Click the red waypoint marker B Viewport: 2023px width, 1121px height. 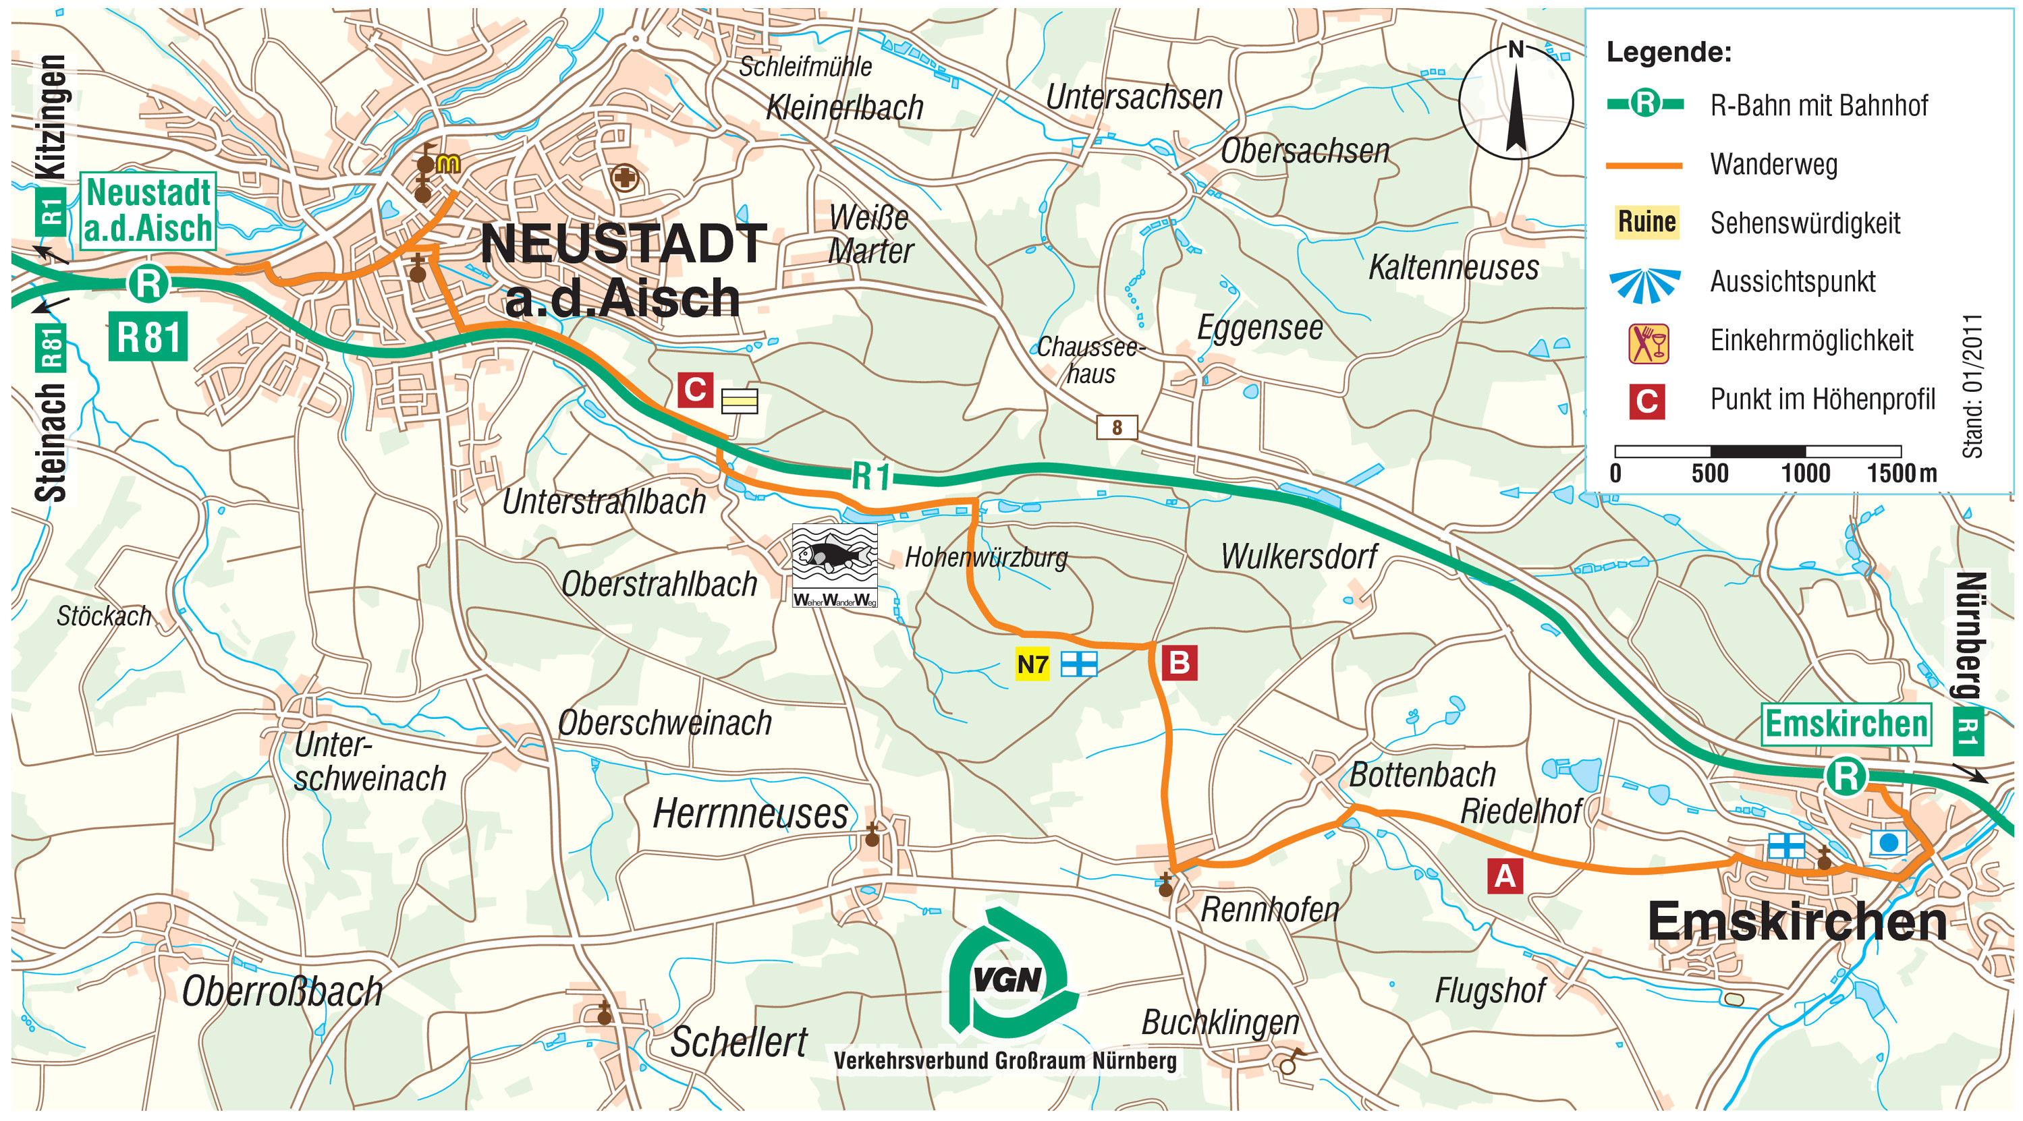click(1179, 663)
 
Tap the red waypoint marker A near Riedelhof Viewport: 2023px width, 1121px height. click(1505, 876)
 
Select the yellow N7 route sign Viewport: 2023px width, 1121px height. click(1032, 665)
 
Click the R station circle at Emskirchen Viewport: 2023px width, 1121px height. click(1845, 776)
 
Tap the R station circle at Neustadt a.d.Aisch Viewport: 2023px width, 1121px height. click(148, 283)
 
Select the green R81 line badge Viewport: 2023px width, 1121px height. click(148, 337)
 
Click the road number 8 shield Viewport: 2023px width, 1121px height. click(1116, 427)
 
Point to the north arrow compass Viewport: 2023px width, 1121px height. click(1515, 102)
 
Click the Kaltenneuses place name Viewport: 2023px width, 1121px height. click(1453, 267)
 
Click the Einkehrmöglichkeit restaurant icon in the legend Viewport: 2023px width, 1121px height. click(1647, 344)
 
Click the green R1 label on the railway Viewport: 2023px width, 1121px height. click(871, 476)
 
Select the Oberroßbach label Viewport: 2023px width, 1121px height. click(282, 991)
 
